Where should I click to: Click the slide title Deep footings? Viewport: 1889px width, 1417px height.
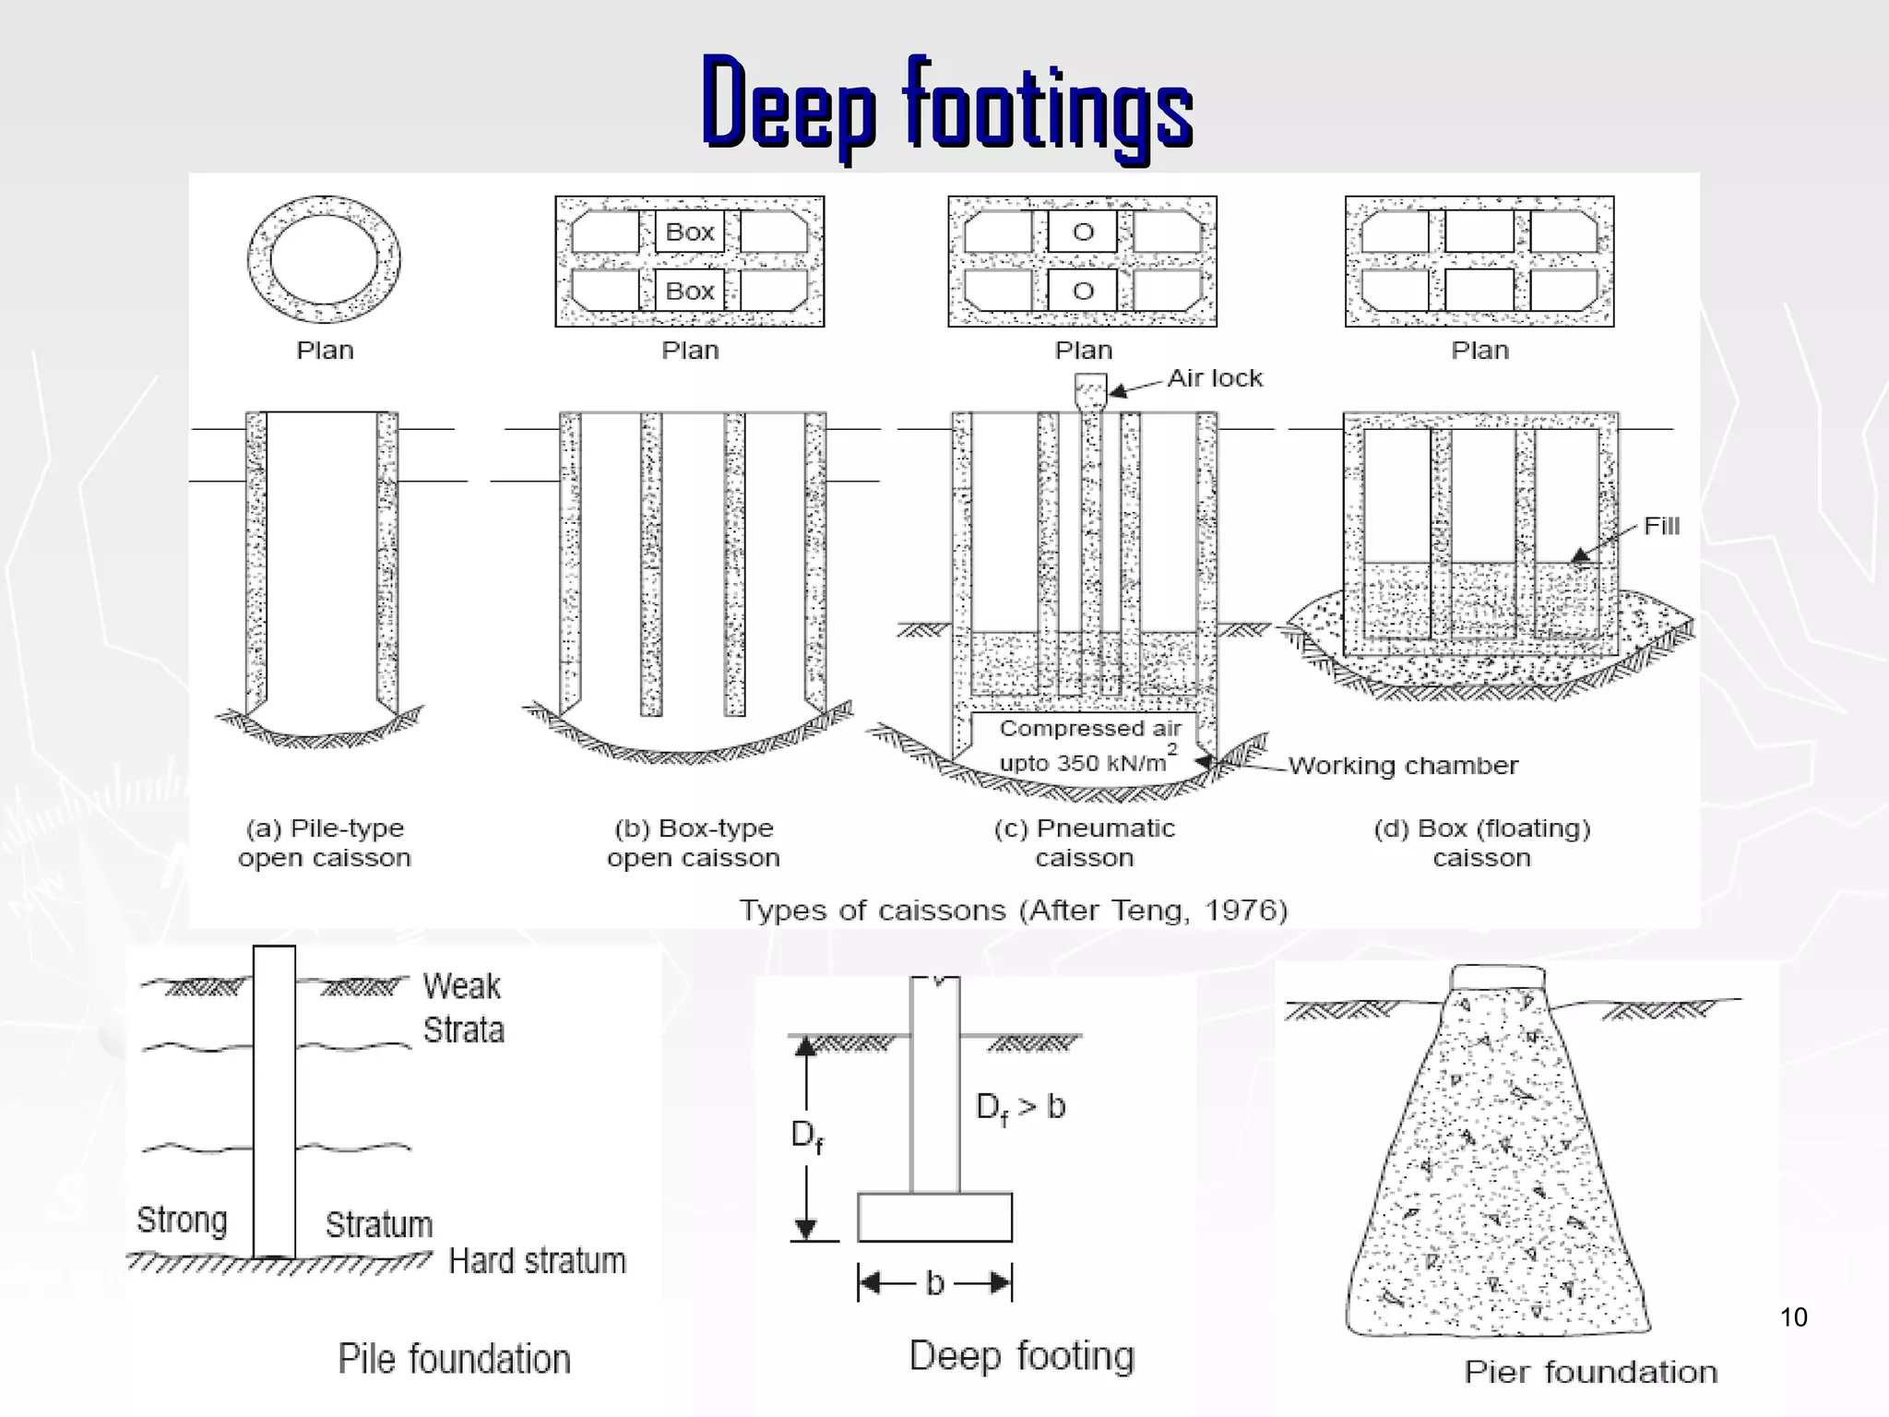[x=947, y=103]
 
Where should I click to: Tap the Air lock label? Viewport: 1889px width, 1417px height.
[x=1214, y=378]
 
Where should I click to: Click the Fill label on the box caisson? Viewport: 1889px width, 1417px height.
[x=1661, y=526]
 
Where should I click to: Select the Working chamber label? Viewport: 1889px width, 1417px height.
[x=1402, y=766]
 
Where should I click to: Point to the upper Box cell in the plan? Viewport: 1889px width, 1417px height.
[x=690, y=232]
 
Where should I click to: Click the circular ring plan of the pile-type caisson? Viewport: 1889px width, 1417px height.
[x=324, y=259]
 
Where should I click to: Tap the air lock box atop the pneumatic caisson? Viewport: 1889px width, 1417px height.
[x=1090, y=389]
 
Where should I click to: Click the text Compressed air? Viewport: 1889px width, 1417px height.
[x=1089, y=728]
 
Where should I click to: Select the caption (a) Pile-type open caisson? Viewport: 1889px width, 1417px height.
[x=324, y=842]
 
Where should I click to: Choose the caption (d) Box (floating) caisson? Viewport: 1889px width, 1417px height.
[x=1481, y=842]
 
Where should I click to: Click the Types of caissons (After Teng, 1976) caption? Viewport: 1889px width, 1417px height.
[x=1013, y=911]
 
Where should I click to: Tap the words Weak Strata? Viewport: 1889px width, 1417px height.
[x=463, y=1007]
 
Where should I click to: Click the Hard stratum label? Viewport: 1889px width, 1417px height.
[x=537, y=1260]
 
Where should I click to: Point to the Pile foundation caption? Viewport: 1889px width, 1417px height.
[x=454, y=1359]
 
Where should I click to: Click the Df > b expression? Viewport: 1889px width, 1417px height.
[x=1020, y=1106]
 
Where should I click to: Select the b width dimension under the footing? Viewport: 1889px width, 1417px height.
[x=934, y=1283]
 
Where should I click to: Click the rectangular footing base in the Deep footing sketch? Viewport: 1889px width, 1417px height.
[x=934, y=1218]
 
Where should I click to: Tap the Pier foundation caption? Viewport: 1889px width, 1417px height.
[x=1590, y=1372]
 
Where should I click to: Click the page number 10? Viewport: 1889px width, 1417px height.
[x=1793, y=1316]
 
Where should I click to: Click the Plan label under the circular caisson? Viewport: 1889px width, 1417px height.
[x=325, y=351]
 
